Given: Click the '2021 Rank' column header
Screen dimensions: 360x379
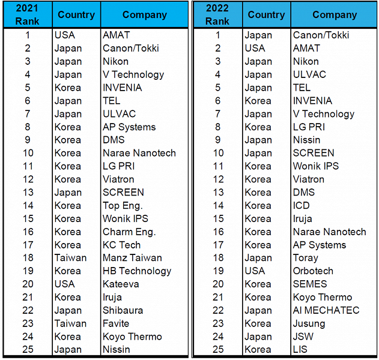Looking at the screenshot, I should click(x=28, y=14).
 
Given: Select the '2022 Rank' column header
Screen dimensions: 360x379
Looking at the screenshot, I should click(x=217, y=14).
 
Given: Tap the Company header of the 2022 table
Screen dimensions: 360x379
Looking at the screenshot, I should click(x=334, y=14).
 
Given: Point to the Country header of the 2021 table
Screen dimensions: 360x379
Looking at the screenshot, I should click(x=76, y=14).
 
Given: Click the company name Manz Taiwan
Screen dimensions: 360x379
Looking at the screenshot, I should click(x=132, y=258).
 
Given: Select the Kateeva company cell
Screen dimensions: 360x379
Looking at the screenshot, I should click(x=120, y=284).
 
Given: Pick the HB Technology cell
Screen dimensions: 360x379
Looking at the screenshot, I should click(x=136, y=271).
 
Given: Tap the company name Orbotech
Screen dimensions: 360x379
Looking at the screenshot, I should click(x=313, y=271).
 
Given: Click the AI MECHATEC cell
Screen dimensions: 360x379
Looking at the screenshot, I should click(x=326, y=311).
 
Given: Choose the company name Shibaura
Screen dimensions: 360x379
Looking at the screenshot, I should click(x=122, y=311).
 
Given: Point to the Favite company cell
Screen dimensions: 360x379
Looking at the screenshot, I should click(x=116, y=324).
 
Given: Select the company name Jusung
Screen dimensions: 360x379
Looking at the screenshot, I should click(x=309, y=324).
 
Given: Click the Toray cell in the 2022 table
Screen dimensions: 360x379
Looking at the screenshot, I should click(x=305, y=258).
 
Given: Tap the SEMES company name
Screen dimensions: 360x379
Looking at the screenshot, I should click(x=310, y=284).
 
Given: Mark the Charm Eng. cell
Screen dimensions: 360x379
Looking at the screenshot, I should click(x=129, y=232).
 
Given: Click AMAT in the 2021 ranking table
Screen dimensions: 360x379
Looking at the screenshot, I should click(x=116, y=35).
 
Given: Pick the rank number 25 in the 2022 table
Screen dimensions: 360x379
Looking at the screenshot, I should click(x=217, y=350).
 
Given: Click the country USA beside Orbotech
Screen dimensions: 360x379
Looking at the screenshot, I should click(x=255, y=271).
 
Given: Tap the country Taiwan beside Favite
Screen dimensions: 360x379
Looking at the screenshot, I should click(x=70, y=324).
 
